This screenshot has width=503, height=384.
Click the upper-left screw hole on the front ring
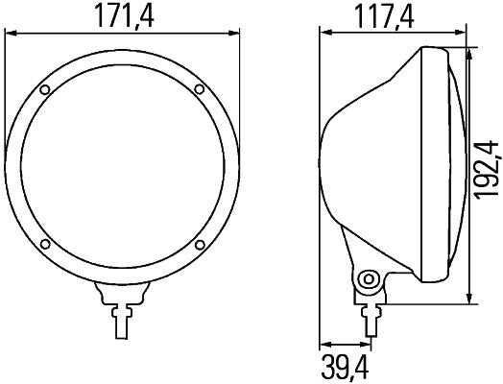tap(45, 90)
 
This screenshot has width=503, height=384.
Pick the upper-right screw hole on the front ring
tap(198, 90)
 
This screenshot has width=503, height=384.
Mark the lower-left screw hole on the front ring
tap(45, 244)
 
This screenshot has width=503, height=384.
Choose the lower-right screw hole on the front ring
tap(198, 244)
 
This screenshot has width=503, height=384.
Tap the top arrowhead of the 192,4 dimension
tap(469, 48)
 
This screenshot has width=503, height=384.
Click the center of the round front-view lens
tap(122, 167)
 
